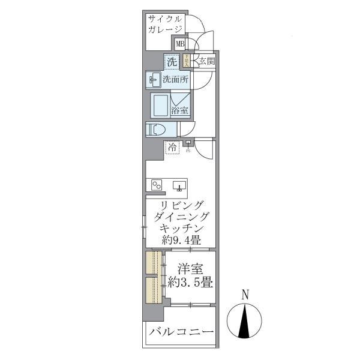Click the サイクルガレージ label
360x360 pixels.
point(165,23)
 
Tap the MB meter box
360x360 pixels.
point(179,44)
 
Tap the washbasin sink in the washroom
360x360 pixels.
point(154,79)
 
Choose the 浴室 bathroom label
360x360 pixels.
point(180,110)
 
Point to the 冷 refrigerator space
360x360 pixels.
point(173,147)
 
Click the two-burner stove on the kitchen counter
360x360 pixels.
point(157,185)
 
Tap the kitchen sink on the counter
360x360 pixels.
point(179,185)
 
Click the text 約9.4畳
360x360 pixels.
point(181,240)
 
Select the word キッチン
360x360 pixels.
point(181,228)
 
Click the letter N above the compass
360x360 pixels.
point(245,295)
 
